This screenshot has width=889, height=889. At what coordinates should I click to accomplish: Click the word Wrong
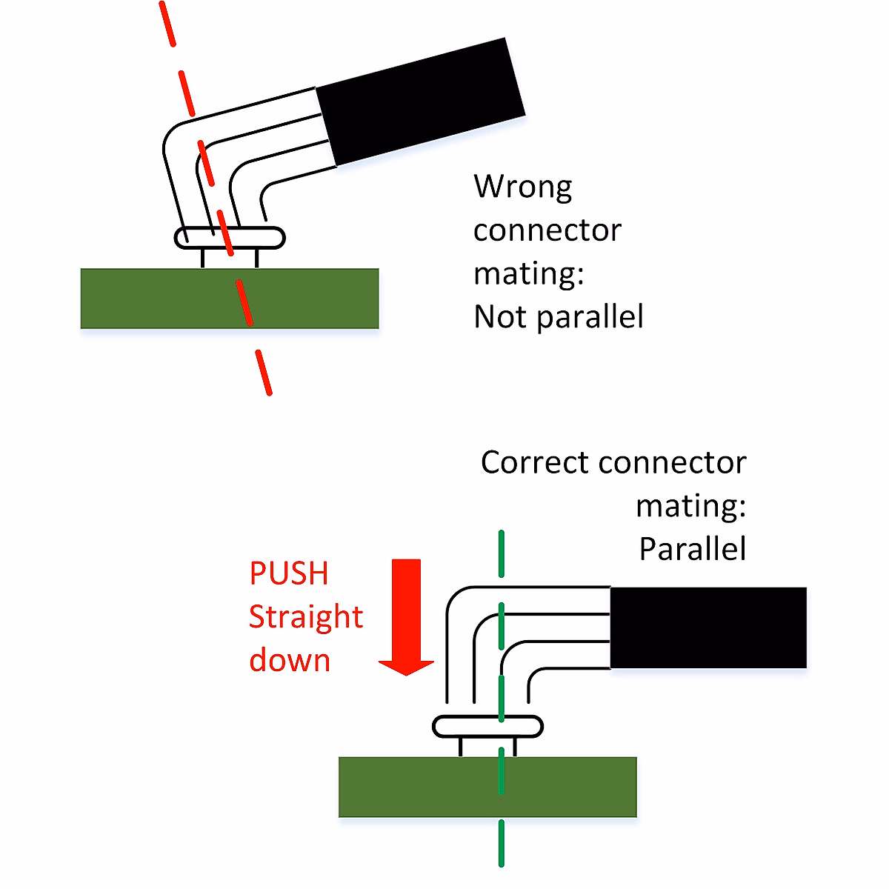point(523,187)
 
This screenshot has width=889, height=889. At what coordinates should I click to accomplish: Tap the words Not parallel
point(558,317)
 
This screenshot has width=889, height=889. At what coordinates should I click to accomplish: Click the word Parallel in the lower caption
point(692,550)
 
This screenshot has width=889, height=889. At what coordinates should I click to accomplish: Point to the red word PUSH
point(288,573)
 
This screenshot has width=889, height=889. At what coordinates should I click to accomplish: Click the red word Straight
point(305,617)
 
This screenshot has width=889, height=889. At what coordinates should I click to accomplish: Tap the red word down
point(289,660)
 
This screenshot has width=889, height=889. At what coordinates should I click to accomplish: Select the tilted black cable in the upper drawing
point(420,101)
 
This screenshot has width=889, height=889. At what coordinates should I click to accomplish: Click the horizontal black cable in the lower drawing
point(707,627)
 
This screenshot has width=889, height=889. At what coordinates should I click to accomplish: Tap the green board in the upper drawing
point(148,299)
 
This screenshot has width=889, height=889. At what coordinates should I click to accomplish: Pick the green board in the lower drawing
point(415,787)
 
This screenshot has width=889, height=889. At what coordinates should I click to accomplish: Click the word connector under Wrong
point(547,230)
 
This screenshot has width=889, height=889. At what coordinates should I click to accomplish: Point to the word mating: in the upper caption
point(528,274)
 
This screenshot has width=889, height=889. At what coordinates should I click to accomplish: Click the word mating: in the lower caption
point(690,506)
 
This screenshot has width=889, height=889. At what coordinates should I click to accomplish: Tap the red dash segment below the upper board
point(264,373)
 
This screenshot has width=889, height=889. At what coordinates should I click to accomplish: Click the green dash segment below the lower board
point(502,843)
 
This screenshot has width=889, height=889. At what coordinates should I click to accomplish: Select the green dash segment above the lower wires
point(502,553)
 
